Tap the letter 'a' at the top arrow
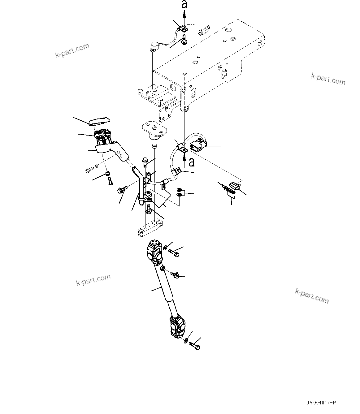(184, 5)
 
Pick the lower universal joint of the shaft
(178, 327)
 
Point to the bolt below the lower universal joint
(195, 345)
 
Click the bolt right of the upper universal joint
(174, 253)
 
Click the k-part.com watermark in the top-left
(72, 50)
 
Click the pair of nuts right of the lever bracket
(180, 192)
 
